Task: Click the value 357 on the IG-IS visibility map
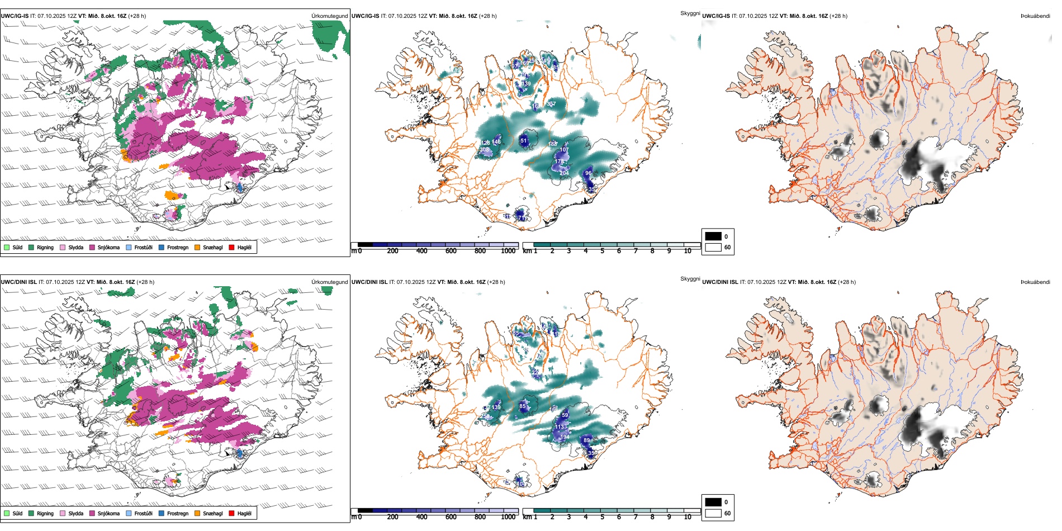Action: click(x=551, y=104)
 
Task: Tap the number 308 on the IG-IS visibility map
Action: click(x=485, y=150)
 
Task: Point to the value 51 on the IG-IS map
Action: click(x=524, y=141)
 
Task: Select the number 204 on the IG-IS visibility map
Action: click(x=564, y=173)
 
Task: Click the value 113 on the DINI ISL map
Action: click(x=560, y=427)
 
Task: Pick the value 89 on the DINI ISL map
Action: click(x=586, y=440)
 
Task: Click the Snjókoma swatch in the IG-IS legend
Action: click(x=92, y=248)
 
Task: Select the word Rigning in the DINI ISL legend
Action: click(x=45, y=514)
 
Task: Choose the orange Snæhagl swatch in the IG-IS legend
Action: click(x=197, y=248)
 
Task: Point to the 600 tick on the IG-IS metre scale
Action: click(x=451, y=251)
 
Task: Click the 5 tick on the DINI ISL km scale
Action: click(x=602, y=517)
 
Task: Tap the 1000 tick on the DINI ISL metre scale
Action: click(x=508, y=517)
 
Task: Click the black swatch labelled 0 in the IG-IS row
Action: click(x=713, y=236)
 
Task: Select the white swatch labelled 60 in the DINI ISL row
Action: click(x=713, y=513)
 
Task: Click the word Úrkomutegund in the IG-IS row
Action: click(x=329, y=16)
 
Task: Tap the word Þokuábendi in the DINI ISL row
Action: click(x=1035, y=282)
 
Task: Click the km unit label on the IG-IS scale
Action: click(x=527, y=251)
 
